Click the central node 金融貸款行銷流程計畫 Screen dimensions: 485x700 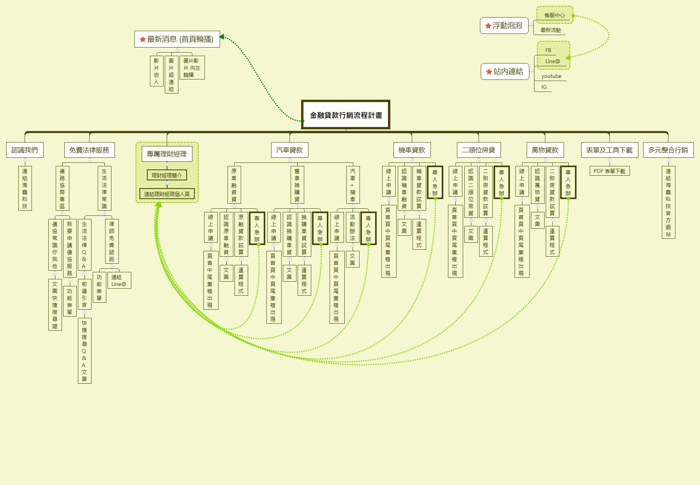click(x=346, y=115)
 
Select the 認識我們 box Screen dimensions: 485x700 click(x=25, y=150)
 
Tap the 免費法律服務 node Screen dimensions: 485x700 click(x=89, y=150)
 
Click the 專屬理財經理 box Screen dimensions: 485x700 click(x=167, y=154)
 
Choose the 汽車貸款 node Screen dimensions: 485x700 click(x=289, y=150)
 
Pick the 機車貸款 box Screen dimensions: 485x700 click(x=412, y=150)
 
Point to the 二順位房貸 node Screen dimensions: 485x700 click(x=478, y=150)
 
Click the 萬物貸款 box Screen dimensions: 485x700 click(x=545, y=150)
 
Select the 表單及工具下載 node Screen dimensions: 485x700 click(x=609, y=150)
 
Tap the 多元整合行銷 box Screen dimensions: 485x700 click(x=668, y=150)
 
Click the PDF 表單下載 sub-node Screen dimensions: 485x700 click(x=609, y=171)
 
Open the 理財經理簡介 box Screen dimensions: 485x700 click(x=167, y=175)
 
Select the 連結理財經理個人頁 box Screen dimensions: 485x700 click(x=167, y=194)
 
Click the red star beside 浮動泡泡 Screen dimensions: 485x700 click(x=488, y=26)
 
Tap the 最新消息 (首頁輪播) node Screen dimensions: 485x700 click(x=177, y=39)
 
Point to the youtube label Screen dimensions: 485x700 click(x=551, y=76)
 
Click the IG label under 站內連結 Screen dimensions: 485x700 click(x=544, y=87)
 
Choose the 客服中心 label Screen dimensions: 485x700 click(x=554, y=16)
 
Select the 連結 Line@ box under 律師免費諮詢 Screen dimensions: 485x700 click(x=118, y=280)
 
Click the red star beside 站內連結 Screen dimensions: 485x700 click(x=489, y=72)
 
